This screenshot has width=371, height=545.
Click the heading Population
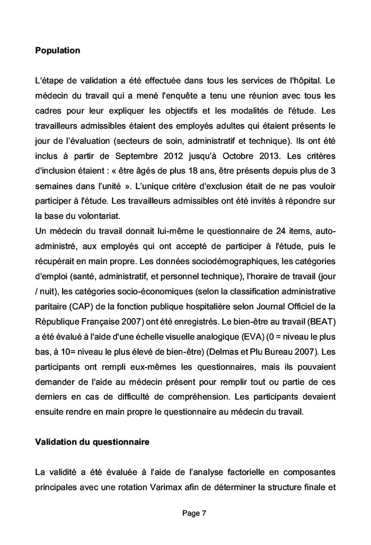tap(57, 51)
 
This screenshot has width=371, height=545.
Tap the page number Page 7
tap(194, 513)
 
